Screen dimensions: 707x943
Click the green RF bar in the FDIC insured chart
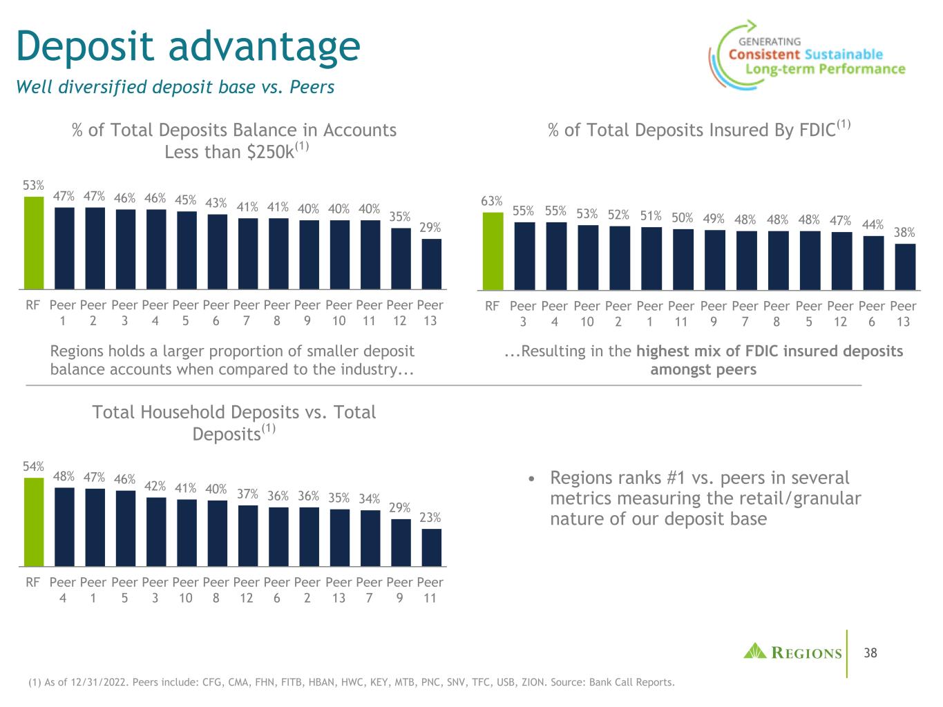pyautogui.click(x=493, y=251)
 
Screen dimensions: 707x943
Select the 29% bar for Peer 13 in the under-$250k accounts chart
pyautogui.click(x=431, y=264)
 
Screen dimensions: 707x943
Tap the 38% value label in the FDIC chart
pyautogui.click(x=904, y=233)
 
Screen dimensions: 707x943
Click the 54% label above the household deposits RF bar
pyautogui.click(x=34, y=467)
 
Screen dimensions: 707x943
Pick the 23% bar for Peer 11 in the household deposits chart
pyautogui.click(x=431, y=548)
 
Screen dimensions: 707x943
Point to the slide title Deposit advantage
pyautogui.click(x=188, y=46)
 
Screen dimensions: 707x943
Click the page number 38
pyautogui.click(x=870, y=652)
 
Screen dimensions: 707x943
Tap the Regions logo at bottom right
pyautogui.click(x=792, y=652)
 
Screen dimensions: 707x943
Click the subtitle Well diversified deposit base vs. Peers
pyautogui.click(x=175, y=87)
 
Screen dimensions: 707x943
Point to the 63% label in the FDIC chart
pyautogui.click(x=491, y=201)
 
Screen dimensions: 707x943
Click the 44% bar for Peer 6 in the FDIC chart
pyautogui.click(x=873, y=262)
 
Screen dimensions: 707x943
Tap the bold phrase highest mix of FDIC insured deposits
pyautogui.click(x=770, y=351)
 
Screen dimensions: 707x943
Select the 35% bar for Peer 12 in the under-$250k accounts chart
pyautogui.click(x=400, y=258)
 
